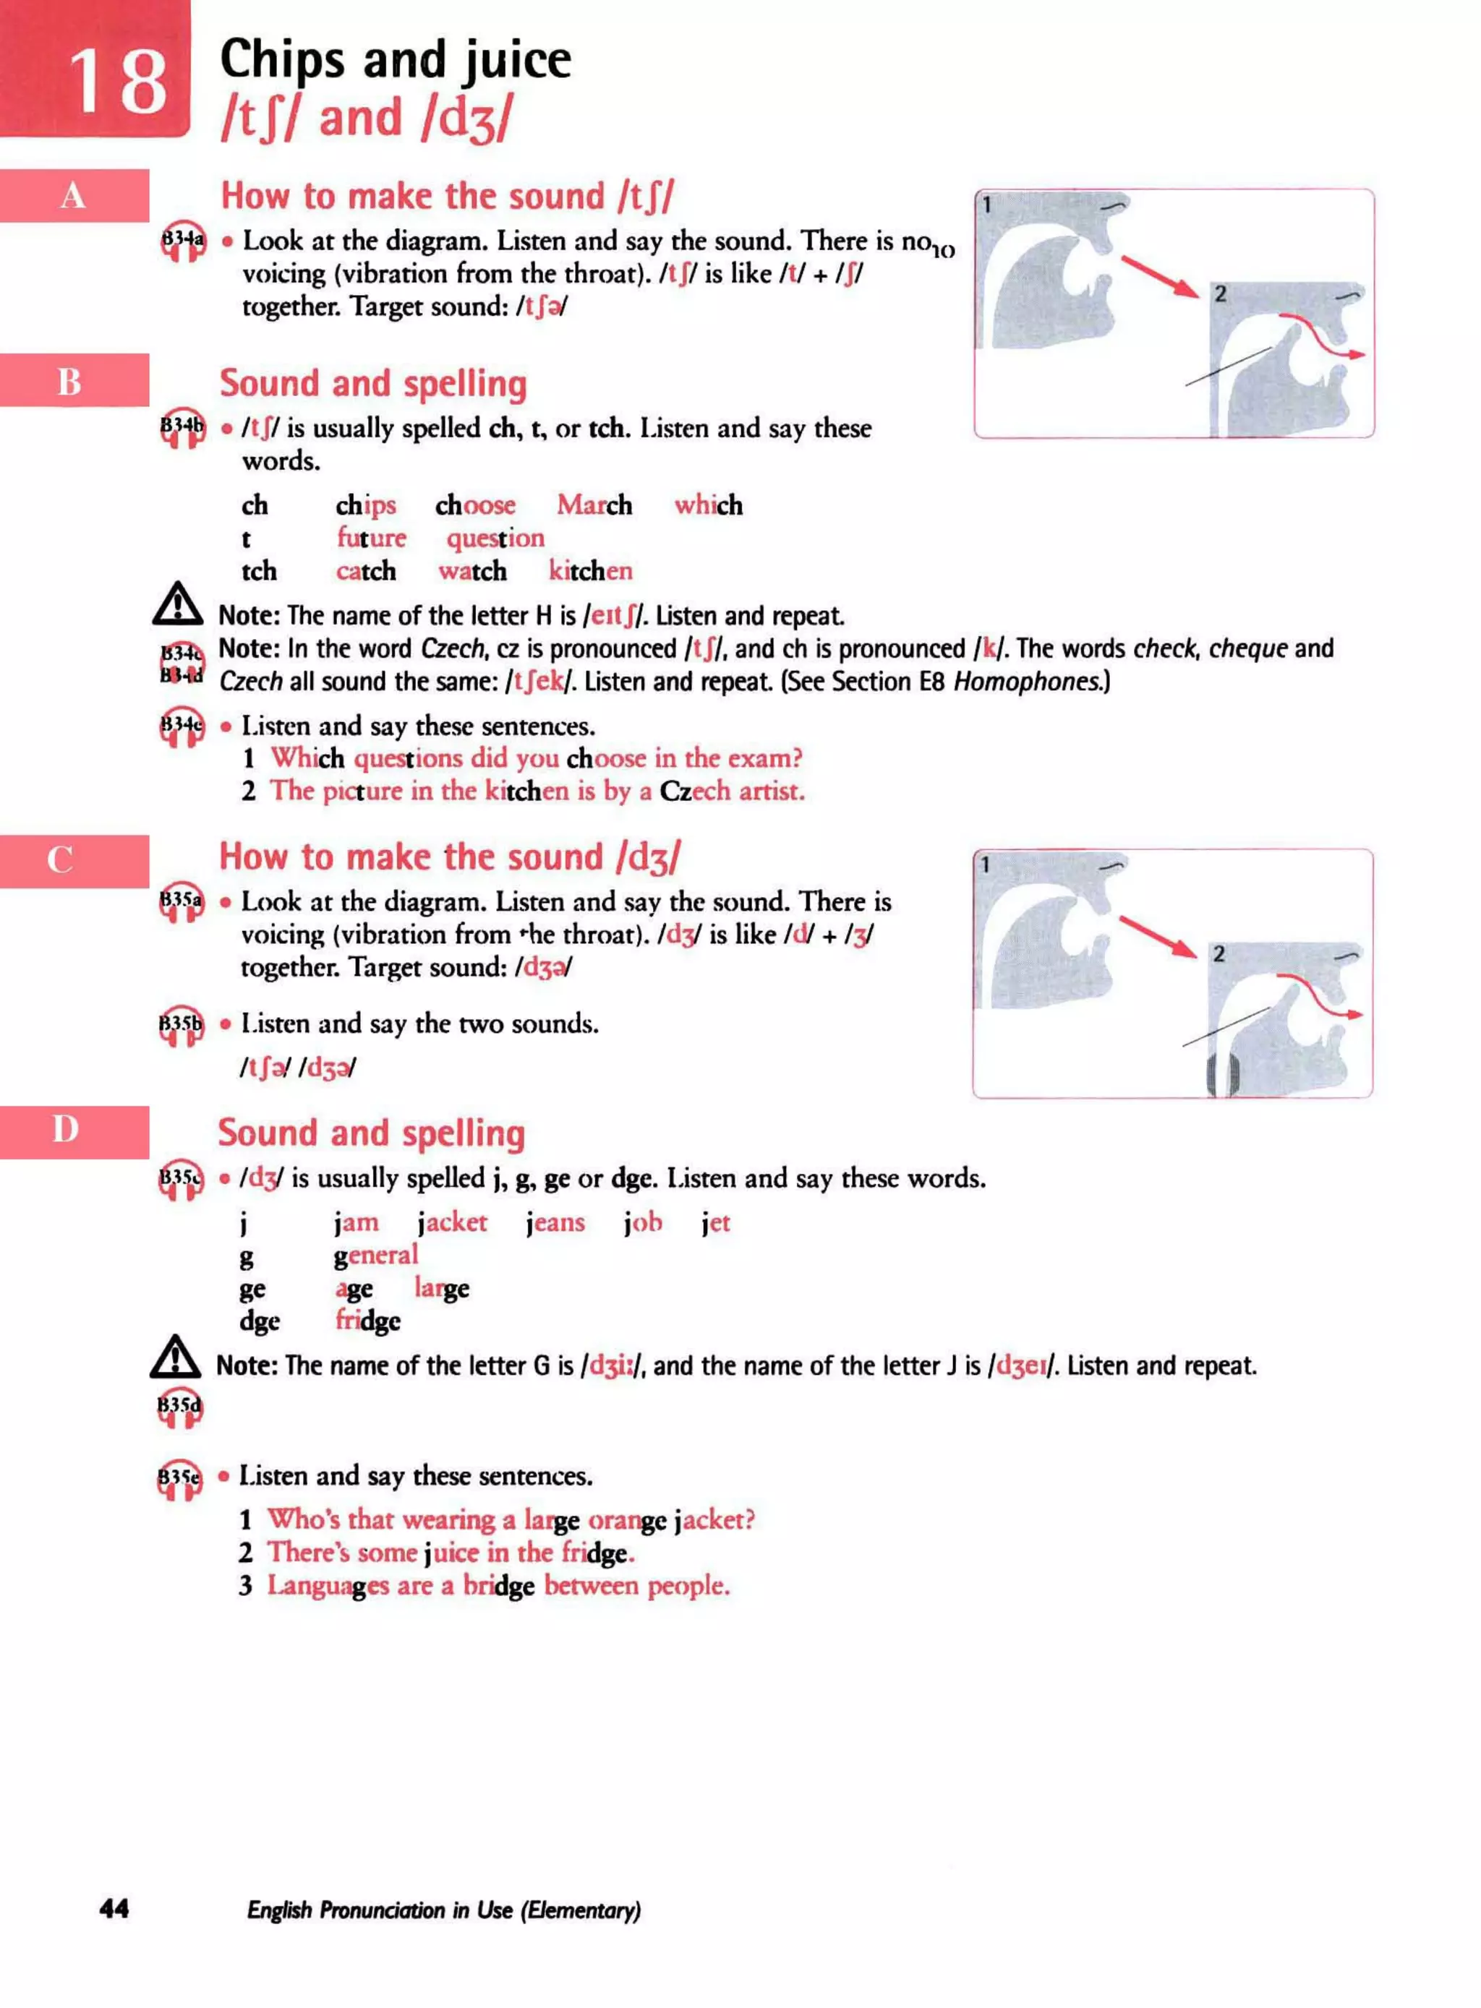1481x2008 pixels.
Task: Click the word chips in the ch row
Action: click(x=366, y=505)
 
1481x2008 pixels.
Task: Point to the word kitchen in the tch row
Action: click(x=590, y=571)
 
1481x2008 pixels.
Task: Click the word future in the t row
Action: click(x=371, y=538)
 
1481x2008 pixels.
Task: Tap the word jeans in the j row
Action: click(x=555, y=1222)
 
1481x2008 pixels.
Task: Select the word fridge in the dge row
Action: click(x=367, y=1321)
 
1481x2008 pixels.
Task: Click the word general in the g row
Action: click(x=375, y=1256)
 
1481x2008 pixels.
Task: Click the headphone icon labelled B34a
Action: click(x=183, y=241)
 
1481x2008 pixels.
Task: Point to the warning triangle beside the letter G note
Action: click(x=176, y=1357)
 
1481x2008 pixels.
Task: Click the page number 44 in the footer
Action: click(x=114, y=1908)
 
